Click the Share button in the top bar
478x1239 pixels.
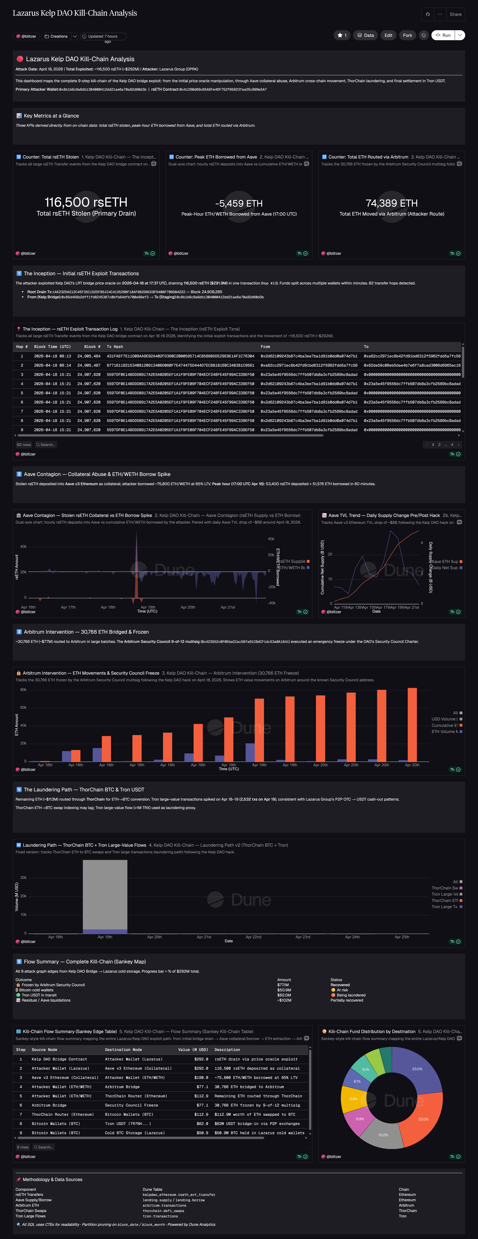point(455,14)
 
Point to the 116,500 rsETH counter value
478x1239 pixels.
point(86,202)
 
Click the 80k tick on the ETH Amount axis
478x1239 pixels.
point(23,690)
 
